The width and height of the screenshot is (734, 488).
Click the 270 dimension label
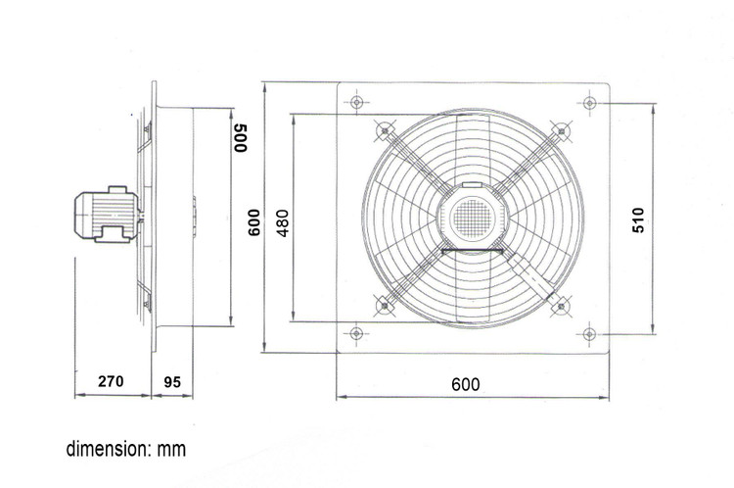coord(111,381)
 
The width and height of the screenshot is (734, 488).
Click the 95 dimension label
coord(172,382)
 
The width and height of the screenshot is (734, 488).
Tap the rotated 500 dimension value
coord(240,138)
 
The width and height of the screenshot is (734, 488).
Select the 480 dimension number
coord(283,223)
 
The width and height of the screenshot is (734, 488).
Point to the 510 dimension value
coord(638,220)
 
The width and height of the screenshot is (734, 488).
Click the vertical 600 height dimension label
coord(253,222)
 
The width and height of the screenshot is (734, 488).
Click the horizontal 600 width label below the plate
coord(466,384)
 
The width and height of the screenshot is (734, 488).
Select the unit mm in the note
coord(171,450)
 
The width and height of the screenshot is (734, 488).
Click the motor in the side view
coord(107,215)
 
